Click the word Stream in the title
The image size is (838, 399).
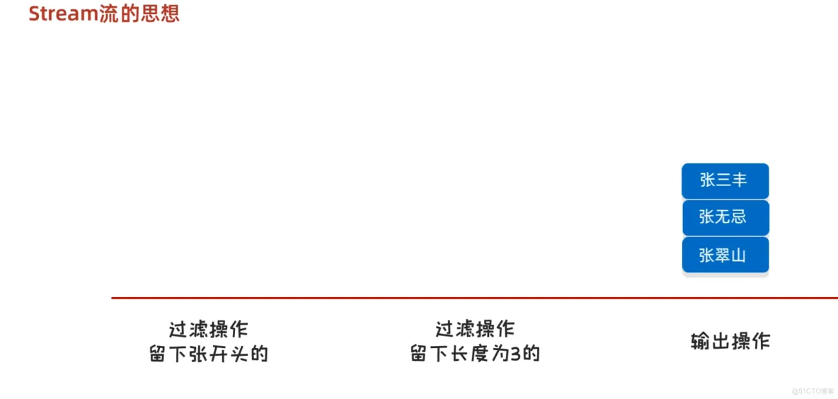(63, 13)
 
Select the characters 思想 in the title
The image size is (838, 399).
(160, 13)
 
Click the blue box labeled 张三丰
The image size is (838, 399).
(725, 180)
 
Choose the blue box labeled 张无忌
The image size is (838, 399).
(725, 217)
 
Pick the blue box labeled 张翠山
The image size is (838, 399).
(725, 255)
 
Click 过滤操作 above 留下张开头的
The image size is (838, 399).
(209, 330)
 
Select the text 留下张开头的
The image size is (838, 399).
(209, 354)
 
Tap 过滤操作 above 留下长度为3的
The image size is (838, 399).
(475, 330)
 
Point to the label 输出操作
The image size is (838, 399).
(730, 342)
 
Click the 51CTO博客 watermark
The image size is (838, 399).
(813, 391)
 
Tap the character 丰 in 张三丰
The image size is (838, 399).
(740, 180)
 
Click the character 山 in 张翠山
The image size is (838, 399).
(739, 255)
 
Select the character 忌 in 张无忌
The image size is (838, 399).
(739, 217)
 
